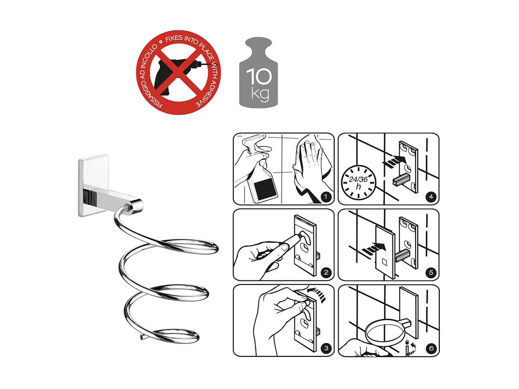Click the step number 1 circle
[x=326, y=197]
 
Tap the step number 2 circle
[x=326, y=273]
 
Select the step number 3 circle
[x=326, y=348]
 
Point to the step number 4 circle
[x=431, y=197]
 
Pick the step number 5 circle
[x=431, y=273]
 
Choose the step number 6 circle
[x=431, y=348]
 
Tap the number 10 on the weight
[x=259, y=76]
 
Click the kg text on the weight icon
[x=260, y=94]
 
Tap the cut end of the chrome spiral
[x=142, y=337]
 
